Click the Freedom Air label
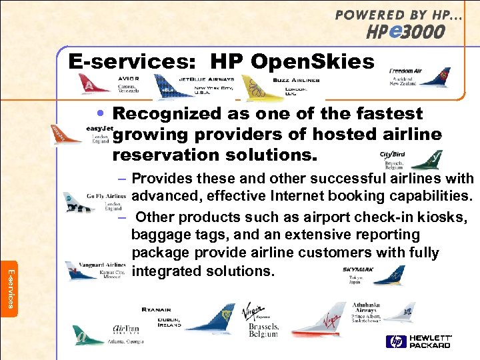[405, 70]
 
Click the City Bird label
[392, 154]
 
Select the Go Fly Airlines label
[106, 197]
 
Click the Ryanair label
[156, 310]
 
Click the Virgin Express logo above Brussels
[253, 311]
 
